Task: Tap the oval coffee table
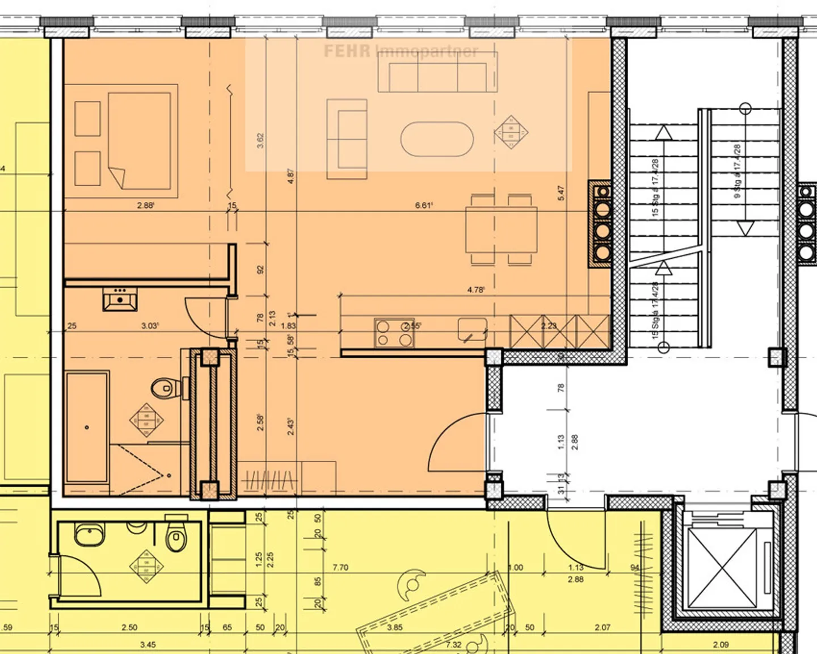pos(436,139)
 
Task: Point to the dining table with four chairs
pos(502,230)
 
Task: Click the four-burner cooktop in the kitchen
pos(394,333)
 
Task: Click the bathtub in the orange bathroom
pos(87,427)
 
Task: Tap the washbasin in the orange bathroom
pos(120,299)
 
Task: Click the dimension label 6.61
pos(424,206)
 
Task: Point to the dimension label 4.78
pos(475,290)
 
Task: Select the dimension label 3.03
pos(150,326)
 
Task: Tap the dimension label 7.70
pos(340,567)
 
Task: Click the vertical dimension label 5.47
pos(561,193)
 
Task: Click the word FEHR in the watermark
pos(347,51)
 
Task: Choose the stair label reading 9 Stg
pos(738,171)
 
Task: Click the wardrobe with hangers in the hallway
pos(269,480)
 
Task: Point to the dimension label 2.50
pos(129,627)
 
